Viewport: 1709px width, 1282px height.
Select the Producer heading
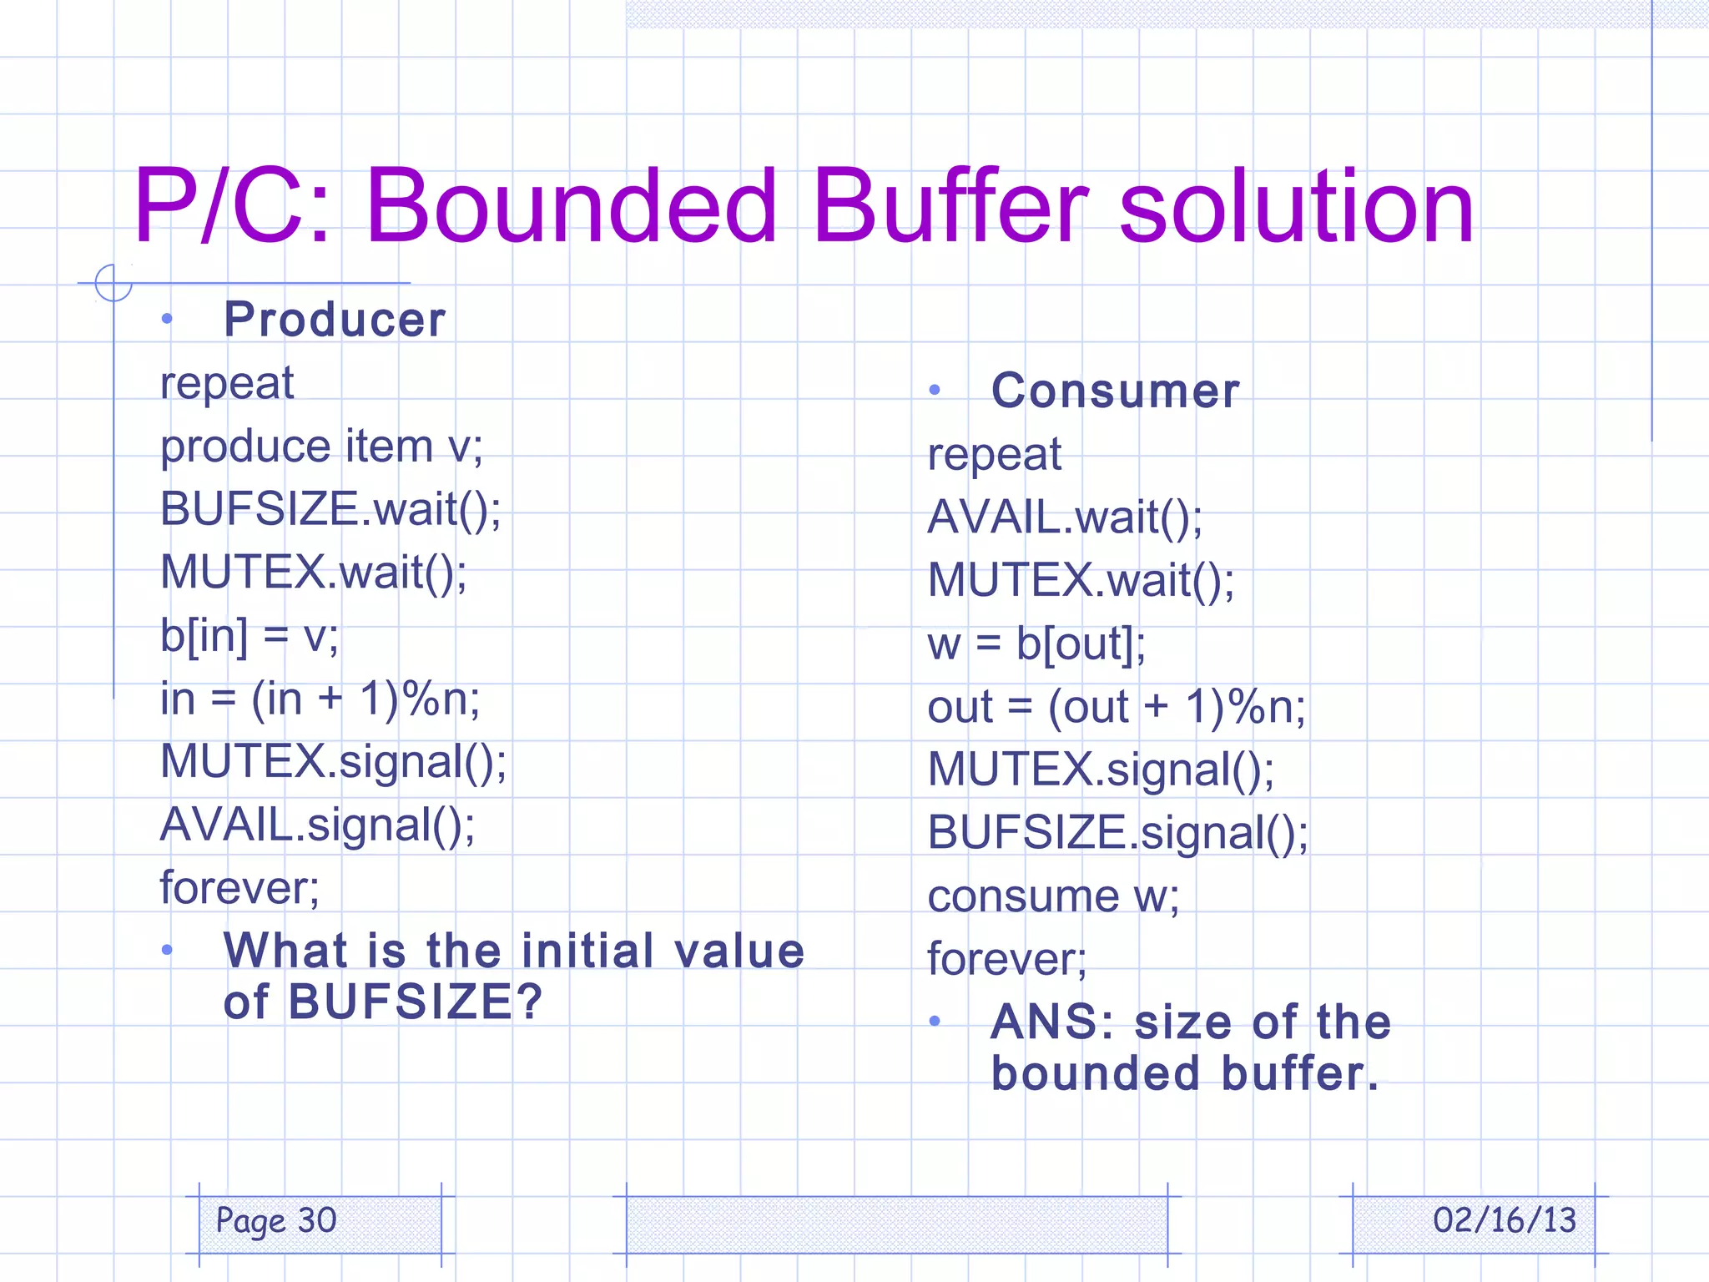pos(335,320)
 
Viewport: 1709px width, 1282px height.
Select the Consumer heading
pos(1116,391)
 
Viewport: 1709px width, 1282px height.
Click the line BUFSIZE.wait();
pos(330,509)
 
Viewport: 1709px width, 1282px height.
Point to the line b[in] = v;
pos(250,636)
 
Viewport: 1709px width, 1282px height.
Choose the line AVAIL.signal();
pos(317,825)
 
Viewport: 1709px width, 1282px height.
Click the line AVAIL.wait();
pos(1065,517)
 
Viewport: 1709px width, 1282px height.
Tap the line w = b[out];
pos(1036,644)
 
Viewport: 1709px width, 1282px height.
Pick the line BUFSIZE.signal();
pos(1118,833)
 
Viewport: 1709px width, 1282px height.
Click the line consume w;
pos(1053,896)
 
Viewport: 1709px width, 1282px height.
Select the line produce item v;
pos(321,447)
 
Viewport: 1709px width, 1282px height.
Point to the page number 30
pos(317,1220)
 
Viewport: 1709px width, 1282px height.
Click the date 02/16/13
pos(1504,1220)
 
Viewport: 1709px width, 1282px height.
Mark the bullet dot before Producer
pos(167,319)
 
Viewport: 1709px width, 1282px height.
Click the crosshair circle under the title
pos(113,283)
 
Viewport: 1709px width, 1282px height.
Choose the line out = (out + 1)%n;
pos(1117,708)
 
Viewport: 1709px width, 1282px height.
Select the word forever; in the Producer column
pos(239,888)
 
